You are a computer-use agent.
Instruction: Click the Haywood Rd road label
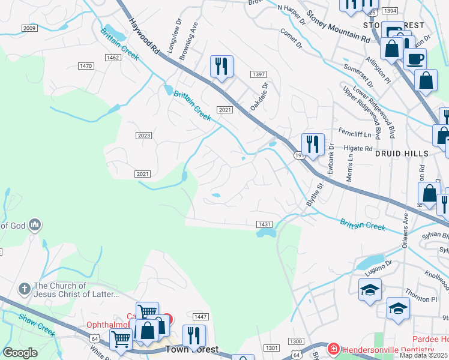(144, 35)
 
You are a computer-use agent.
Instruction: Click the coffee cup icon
(415, 59)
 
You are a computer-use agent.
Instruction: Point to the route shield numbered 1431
(265, 224)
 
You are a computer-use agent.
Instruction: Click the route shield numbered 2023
(143, 136)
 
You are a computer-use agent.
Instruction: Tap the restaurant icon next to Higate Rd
(313, 144)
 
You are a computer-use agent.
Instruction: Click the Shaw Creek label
(37, 325)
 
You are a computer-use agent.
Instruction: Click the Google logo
(20, 353)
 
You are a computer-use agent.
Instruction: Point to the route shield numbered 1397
(259, 74)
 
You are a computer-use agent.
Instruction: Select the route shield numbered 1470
(86, 66)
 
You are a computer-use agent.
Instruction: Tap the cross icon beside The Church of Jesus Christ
(25, 289)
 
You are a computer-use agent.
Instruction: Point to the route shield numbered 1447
(200, 316)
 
